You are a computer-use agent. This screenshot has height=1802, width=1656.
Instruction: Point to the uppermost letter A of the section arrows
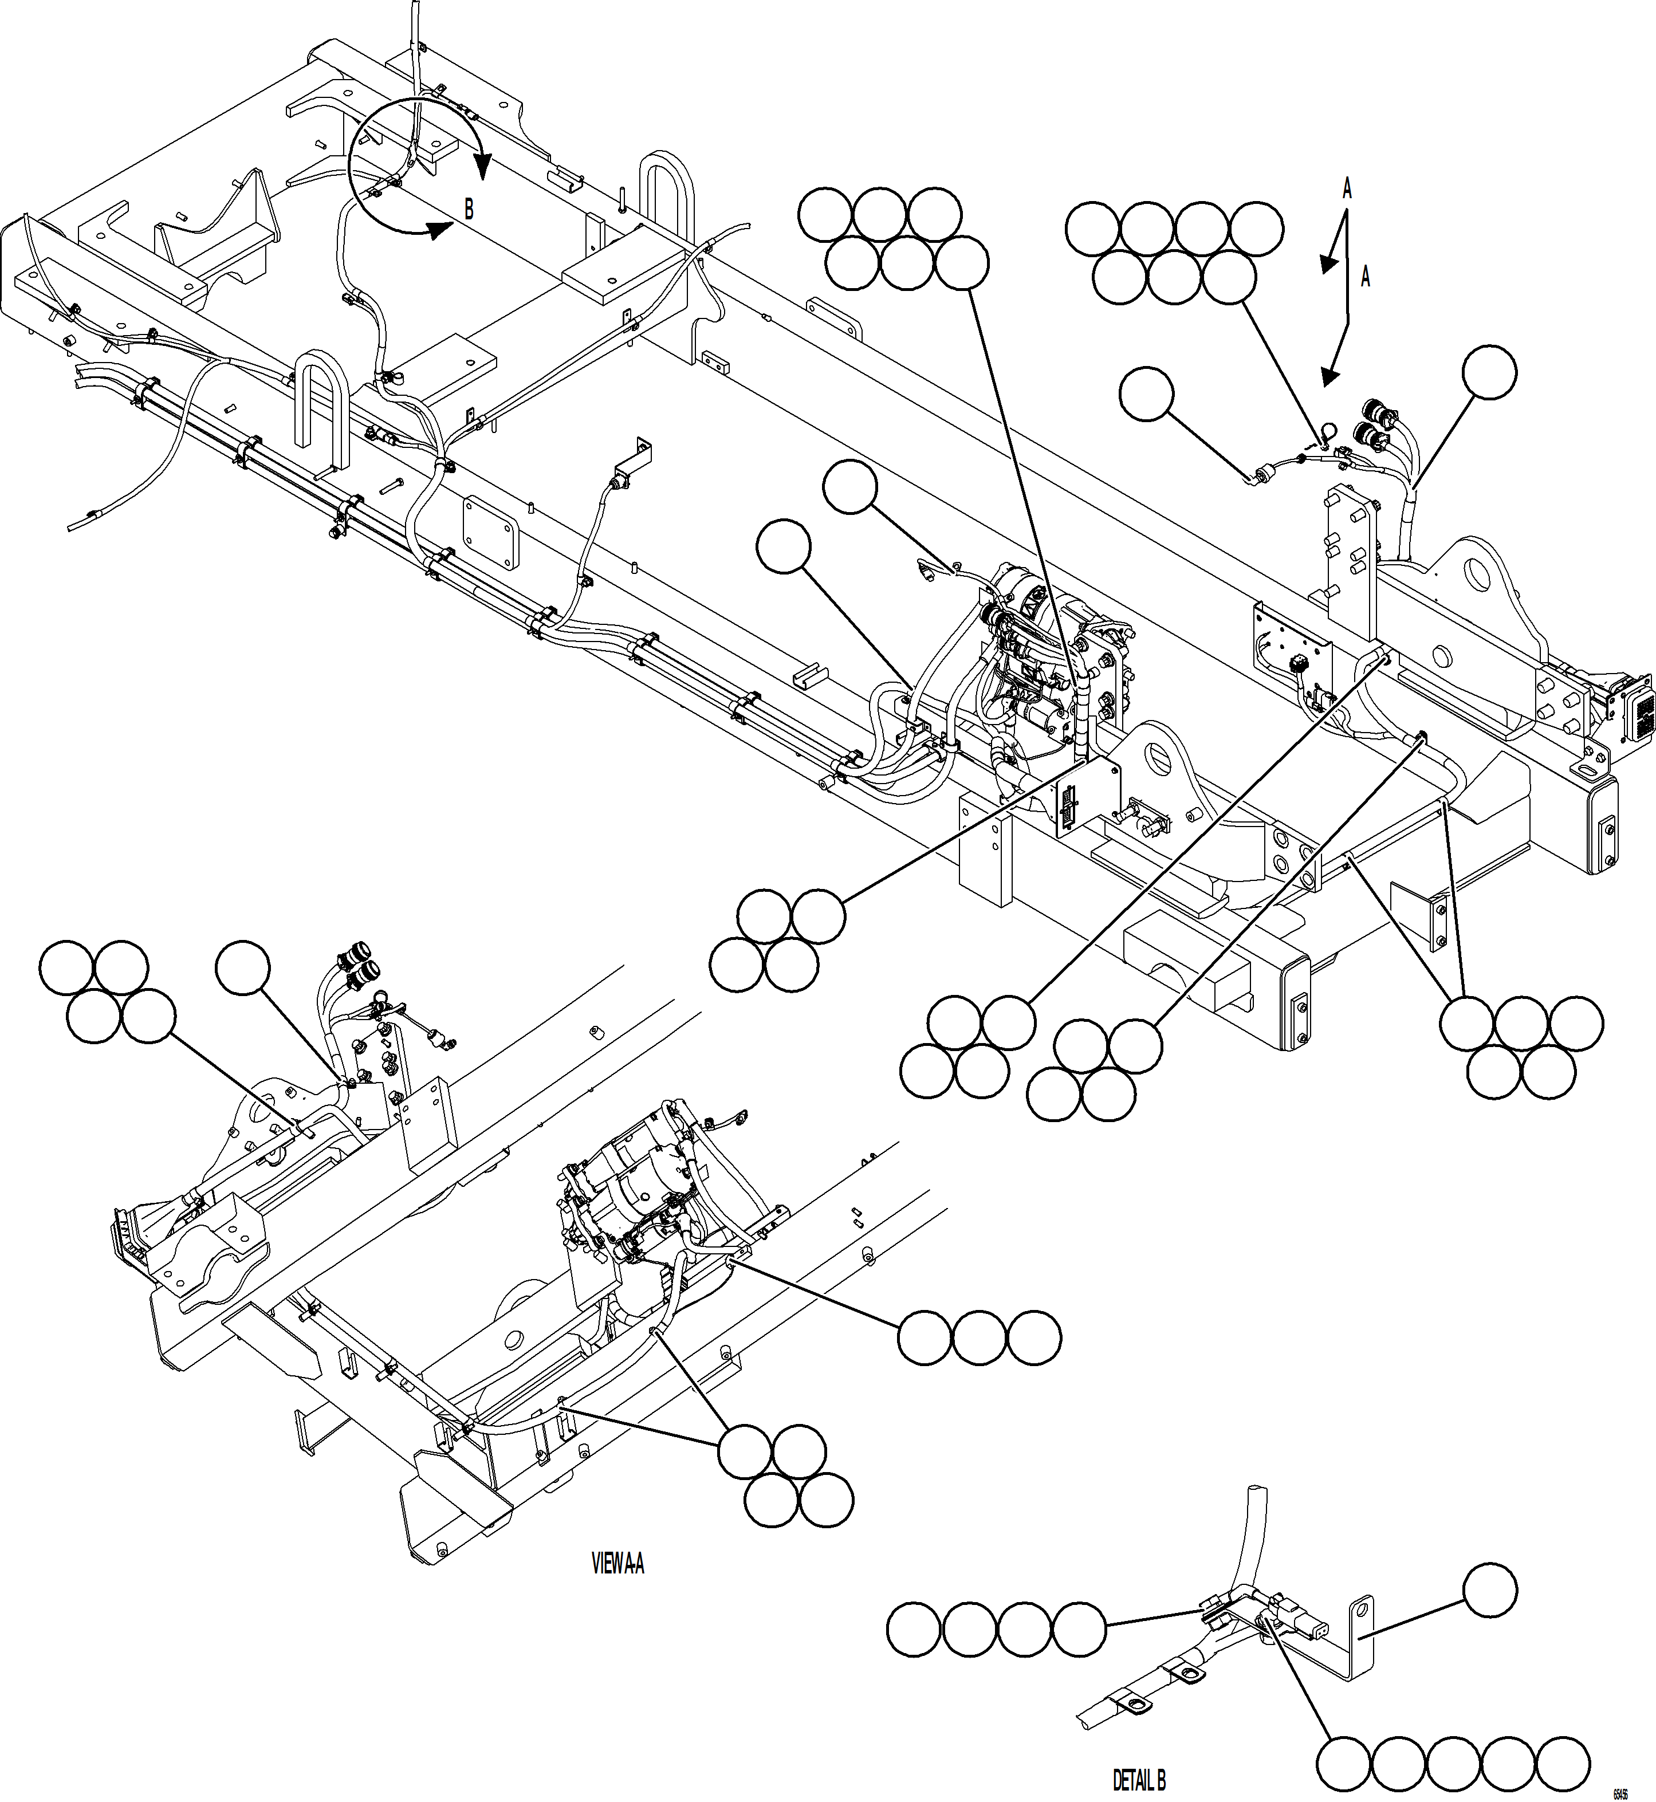(1347, 189)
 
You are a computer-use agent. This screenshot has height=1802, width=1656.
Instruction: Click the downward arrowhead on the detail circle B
(483, 166)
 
